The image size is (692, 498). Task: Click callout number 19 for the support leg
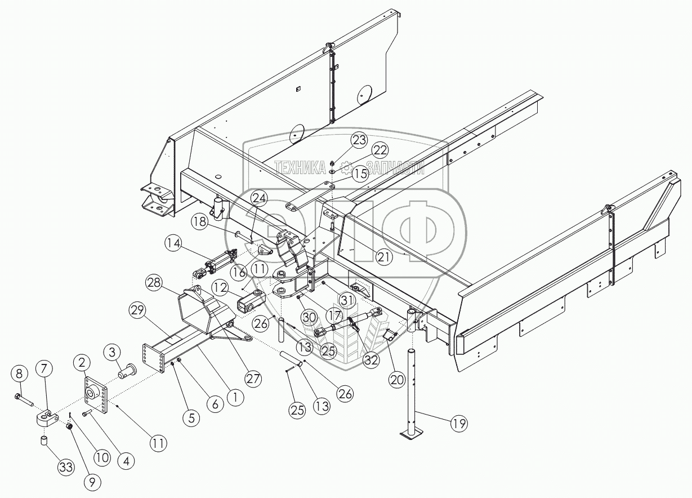pos(459,423)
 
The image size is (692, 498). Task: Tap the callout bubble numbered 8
pos(20,373)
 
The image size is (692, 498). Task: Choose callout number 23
pos(359,140)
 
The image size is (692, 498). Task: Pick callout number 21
pos(383,257)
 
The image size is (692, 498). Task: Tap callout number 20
pos(396,380)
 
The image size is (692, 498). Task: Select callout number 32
pos(370,359)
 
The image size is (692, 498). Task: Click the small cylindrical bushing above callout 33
pos(44,440)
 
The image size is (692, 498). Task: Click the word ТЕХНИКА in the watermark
pos(300,166)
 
